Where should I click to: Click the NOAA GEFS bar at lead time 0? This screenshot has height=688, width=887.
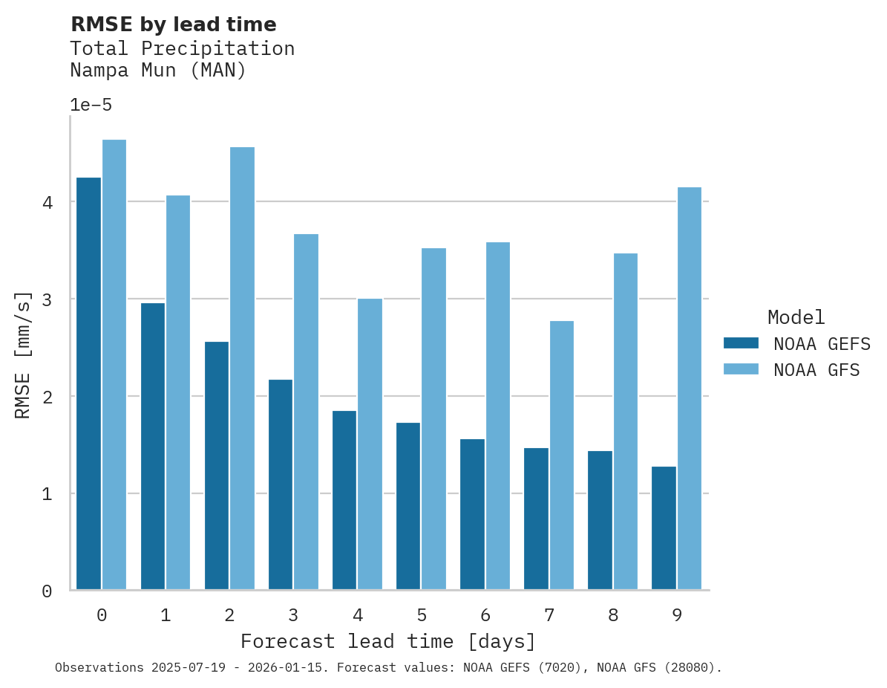coord(88,383)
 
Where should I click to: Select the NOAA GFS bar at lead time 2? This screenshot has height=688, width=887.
coord(242,369)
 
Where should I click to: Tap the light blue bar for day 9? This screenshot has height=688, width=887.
coord(690,389)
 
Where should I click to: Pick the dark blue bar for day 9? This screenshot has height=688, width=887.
coord(664,528)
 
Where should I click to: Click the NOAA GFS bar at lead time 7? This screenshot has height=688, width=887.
coord(561,455)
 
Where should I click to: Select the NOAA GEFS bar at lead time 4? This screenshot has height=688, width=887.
coord(344,500)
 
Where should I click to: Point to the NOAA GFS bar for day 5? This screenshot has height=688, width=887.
coord(433,419)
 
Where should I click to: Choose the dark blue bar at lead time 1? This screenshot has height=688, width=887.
coord(152,447)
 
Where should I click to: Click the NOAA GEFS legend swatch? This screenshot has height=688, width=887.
coord(741,343)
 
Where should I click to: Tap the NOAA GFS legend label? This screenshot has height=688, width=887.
coord(816,370)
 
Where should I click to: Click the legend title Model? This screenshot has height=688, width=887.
coord(796,318)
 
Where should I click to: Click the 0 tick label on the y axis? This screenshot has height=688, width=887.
coord(46,591)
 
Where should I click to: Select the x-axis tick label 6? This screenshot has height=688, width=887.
coord(485,615)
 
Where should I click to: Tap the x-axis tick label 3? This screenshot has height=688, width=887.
coord(293,615)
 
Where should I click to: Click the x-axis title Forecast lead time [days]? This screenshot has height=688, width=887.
coord(387,641)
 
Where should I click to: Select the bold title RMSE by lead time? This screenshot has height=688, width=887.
coord(173,25)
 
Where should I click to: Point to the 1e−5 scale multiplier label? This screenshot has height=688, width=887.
coord(91,106)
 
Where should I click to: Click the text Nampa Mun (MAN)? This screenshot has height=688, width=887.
coord(157,71)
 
